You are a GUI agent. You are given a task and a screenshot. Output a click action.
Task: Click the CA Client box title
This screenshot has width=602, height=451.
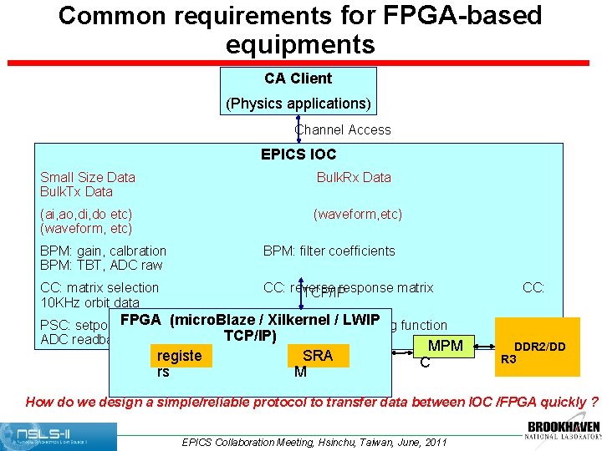coord(298,79)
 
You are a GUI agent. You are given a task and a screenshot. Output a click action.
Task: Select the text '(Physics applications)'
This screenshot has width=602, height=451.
coord(298,104)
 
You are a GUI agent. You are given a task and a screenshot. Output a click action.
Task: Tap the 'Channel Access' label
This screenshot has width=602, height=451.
coord(343,129)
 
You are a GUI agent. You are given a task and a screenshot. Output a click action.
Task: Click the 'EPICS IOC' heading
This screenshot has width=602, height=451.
coord(298,155)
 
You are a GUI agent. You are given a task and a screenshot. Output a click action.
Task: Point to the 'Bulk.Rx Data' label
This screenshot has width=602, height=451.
coord(354,177)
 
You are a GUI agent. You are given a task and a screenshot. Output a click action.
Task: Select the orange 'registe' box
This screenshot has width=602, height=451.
coord(179,356)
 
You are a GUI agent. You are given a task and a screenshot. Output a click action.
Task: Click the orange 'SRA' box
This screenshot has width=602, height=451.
coord(318,356)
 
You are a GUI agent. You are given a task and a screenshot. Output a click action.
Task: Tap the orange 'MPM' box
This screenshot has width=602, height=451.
coord(445,346)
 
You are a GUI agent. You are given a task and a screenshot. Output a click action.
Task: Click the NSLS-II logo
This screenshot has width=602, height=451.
coord(59,436)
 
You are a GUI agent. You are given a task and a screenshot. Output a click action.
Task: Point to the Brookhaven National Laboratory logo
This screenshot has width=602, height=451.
coord(563,432)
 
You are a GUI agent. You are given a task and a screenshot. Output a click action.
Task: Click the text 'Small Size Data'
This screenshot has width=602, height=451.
coord(88,177)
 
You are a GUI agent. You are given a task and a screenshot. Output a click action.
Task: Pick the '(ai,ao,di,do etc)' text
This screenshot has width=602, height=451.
coord(86,214)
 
